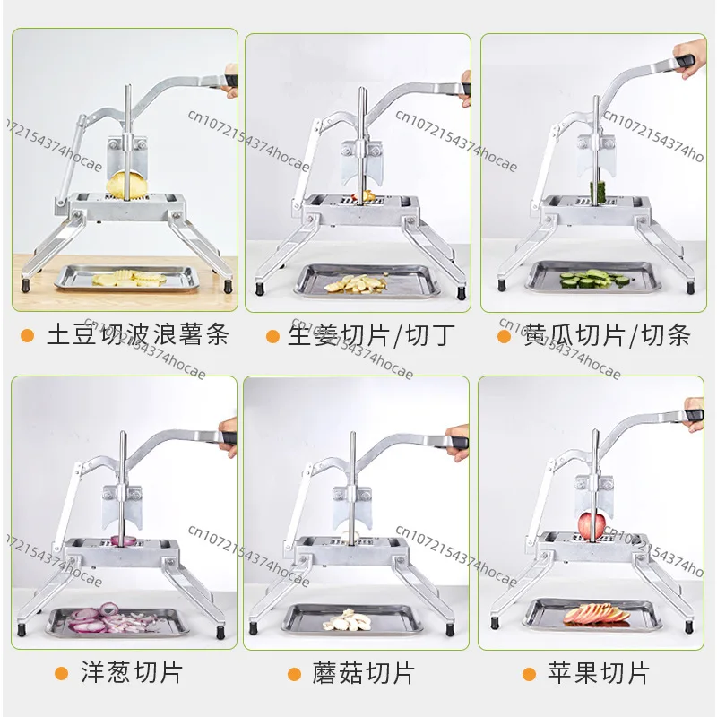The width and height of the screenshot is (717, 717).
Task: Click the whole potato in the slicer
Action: click(126, 185)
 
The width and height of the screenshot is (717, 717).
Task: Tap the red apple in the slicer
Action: click(592, 525)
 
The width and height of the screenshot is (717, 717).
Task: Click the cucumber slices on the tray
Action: click(594, 278)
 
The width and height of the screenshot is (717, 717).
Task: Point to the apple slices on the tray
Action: click(596, 614)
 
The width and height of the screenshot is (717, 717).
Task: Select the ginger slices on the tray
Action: click(355, 283)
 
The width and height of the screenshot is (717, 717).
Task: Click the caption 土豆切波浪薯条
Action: click(138, 334)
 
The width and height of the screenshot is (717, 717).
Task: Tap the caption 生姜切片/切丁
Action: click(371, 335)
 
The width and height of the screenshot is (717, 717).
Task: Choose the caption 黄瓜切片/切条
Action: click(607, 335)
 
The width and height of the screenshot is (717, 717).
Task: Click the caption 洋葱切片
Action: click(132, 672)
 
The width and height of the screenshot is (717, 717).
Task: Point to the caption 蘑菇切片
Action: click(364, 673)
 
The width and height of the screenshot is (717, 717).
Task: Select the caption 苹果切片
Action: click(599, 673)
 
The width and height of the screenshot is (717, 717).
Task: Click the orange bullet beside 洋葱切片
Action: click(61, 674)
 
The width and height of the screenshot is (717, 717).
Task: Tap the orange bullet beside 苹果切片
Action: click(529, 674)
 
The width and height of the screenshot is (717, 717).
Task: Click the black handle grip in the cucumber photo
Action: click(685, 61)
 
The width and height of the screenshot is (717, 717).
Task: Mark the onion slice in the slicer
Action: click(124, 540)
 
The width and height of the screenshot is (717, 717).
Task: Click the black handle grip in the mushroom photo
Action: click(458, 442)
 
